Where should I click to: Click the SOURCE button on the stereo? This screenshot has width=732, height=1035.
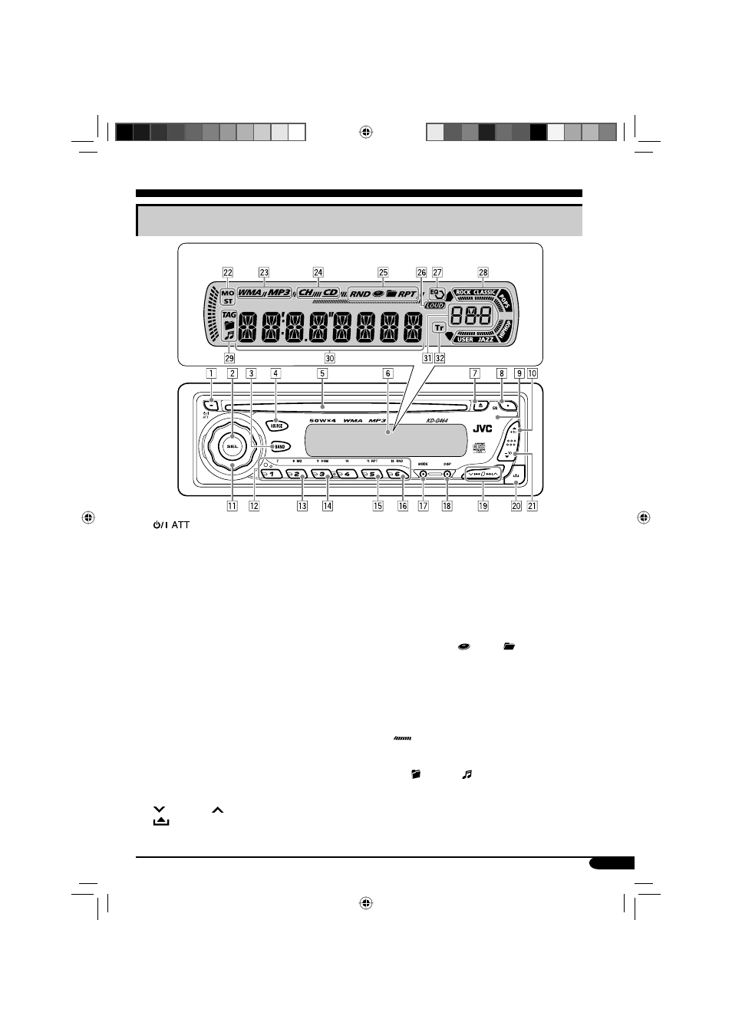(276, 425)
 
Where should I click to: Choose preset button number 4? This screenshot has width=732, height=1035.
(346, 474)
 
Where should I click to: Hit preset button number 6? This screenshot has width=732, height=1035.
(396, 474)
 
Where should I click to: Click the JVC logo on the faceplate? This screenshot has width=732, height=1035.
(482, 429)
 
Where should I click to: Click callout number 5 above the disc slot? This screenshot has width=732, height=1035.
(323, 373)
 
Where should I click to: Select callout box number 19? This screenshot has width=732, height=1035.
(483, 506)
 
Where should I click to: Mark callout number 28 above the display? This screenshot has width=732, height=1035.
(483, 272)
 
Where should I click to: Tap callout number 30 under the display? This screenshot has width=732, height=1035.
(330, 357)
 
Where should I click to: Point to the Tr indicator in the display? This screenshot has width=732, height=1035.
(439, 327)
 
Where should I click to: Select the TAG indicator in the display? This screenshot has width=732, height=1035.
(229, 314)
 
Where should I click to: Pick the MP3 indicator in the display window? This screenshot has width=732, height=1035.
(279, 292)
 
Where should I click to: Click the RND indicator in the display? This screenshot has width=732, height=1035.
(360, 294)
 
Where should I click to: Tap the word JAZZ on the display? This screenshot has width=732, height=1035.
(486, 339)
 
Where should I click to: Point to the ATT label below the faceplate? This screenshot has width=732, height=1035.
(180, 525)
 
